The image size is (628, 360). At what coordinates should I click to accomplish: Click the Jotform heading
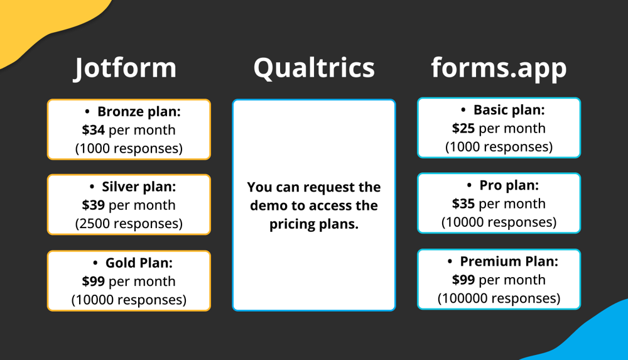(125, 68)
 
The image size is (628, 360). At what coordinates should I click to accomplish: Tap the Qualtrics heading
(314, 68)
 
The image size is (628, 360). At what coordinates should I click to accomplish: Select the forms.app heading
(499, 68)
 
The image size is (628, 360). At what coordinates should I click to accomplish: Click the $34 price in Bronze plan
(93, 130)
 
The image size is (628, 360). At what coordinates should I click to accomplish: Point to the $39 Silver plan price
(93, 205)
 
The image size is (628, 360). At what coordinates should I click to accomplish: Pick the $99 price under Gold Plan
(93, 281)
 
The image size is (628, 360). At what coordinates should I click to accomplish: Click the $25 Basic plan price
(463, 128)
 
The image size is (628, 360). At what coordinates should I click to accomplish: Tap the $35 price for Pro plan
(463, 204)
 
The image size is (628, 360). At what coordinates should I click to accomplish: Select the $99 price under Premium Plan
(463, 280)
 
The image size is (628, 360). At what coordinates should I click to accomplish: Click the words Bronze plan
(139, 112)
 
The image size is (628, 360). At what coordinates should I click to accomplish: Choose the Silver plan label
(139, 187)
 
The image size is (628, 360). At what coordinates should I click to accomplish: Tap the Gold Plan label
(139, 263)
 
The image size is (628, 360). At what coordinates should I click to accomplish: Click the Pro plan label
(509, 185)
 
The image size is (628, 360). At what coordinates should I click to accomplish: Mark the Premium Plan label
(509, 261)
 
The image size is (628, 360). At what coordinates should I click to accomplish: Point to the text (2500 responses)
(129, 223)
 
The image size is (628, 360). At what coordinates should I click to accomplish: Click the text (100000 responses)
(499, 298)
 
